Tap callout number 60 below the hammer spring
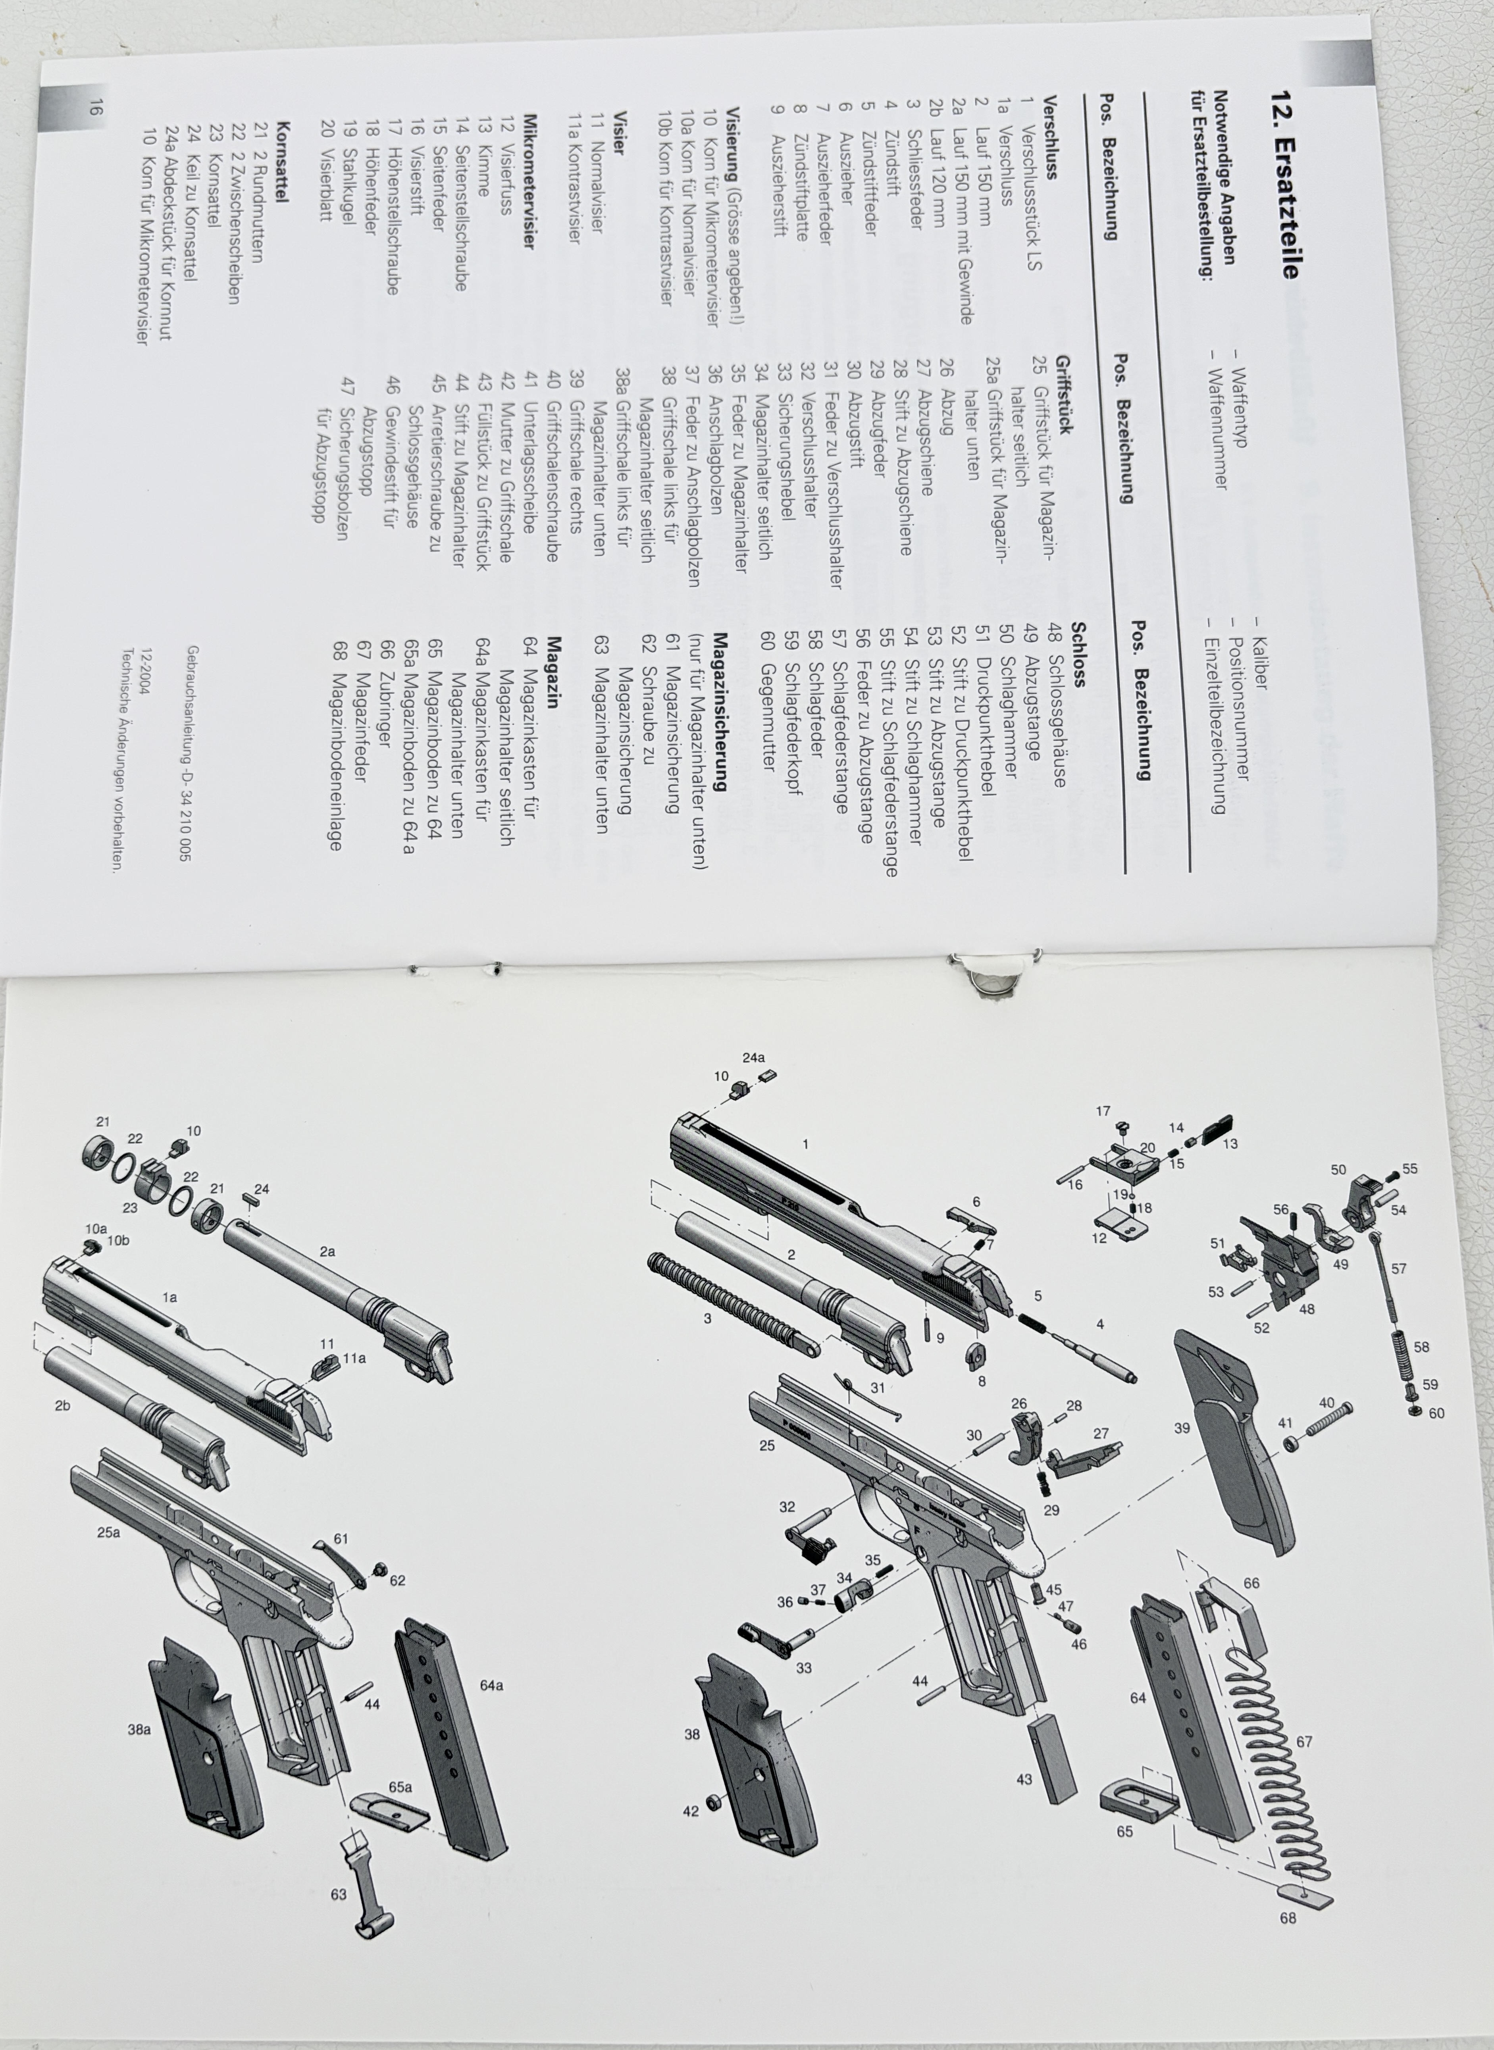[1437, 1413]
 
